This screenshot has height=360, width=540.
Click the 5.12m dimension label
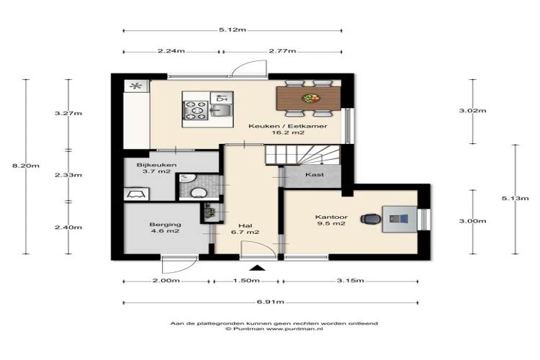(x=233, y=30)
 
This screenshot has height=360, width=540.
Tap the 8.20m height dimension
(x=26, y=166)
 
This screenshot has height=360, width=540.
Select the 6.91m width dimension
(x=270, y=302)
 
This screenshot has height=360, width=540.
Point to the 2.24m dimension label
(x=171, y=51)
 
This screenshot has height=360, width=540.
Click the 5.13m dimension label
(x=515, y=199)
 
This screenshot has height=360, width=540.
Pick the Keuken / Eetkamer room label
(x=288, y=126)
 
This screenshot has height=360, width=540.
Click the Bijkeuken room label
(x=157, y=165)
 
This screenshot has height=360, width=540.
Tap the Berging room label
(x=166, y=225)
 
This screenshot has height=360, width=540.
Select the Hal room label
(x=246, y=225)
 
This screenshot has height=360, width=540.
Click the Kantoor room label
(x=331, y=217)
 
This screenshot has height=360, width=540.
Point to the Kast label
(x=315, y=175)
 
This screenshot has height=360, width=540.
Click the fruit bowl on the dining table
(x=310, y=98)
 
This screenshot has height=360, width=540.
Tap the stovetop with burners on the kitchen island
(x=196, y=110)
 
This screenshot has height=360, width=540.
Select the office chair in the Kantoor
(x=371, y=219)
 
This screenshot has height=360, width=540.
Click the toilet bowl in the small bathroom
(x=199, y=193)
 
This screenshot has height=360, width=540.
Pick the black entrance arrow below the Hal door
(x=257, y=268)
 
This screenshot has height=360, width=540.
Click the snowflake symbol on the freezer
(x=137, y=86)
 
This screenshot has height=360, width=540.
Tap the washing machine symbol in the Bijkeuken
(x=136, y=194)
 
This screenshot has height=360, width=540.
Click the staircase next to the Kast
(x=302, y=155)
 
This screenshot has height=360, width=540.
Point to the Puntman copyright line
(x=274, y=329)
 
